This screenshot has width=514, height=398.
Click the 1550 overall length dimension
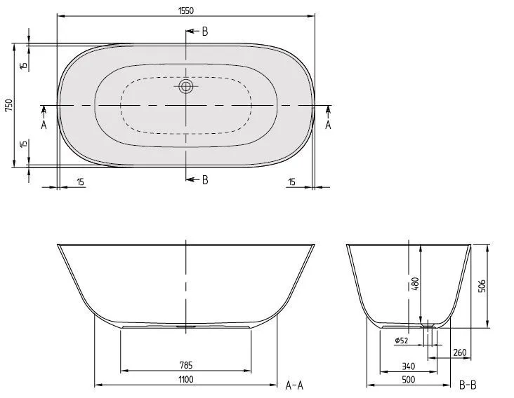185,10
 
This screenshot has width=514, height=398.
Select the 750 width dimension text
8,105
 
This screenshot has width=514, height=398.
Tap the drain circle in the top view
186,87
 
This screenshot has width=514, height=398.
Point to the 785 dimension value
185,364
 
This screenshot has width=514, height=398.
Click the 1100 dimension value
185,379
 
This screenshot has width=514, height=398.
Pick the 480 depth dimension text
415,284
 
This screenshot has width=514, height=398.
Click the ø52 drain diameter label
402,341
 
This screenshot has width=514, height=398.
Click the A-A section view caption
294,384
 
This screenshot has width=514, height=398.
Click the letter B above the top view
204,31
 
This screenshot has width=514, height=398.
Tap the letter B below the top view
204,179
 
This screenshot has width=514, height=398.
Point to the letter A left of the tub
44,125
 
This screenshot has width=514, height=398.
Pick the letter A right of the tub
328,125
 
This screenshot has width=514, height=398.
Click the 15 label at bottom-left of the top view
80,182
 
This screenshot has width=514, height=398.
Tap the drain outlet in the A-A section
186,326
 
